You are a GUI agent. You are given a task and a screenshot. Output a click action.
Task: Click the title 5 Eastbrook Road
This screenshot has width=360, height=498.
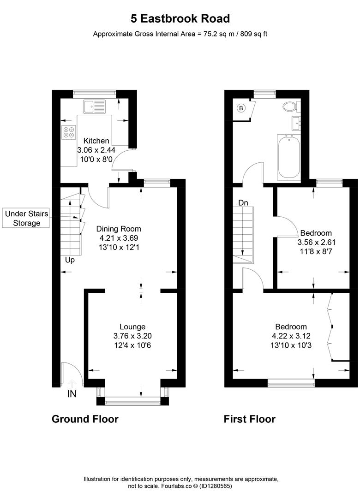(180, 18)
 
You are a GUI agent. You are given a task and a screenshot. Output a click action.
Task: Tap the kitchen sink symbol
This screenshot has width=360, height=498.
(94, 107)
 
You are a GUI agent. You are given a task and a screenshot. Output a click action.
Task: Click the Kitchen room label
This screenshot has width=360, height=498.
(96, 141)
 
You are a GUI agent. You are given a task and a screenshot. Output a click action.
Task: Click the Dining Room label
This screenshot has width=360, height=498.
(119, 229)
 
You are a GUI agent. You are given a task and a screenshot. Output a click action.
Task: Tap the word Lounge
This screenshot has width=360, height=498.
(132, 327)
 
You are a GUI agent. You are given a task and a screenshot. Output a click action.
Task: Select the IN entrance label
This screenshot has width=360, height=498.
(72, 394)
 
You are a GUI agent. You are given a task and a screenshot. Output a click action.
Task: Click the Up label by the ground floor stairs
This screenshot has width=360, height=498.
(70, 260)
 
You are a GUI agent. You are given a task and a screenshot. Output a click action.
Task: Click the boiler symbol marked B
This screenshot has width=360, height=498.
(240, 108)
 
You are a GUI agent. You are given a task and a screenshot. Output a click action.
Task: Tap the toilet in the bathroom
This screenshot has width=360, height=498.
(291, 107)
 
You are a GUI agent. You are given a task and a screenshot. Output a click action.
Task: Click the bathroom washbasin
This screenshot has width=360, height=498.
(295, 124)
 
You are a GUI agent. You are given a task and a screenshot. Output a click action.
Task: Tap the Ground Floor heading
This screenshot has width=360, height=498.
(85, 419)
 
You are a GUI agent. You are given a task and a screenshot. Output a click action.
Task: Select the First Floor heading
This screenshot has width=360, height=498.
(249, 419)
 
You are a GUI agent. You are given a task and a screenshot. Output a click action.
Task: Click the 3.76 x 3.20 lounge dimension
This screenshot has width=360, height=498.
(132, 337)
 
